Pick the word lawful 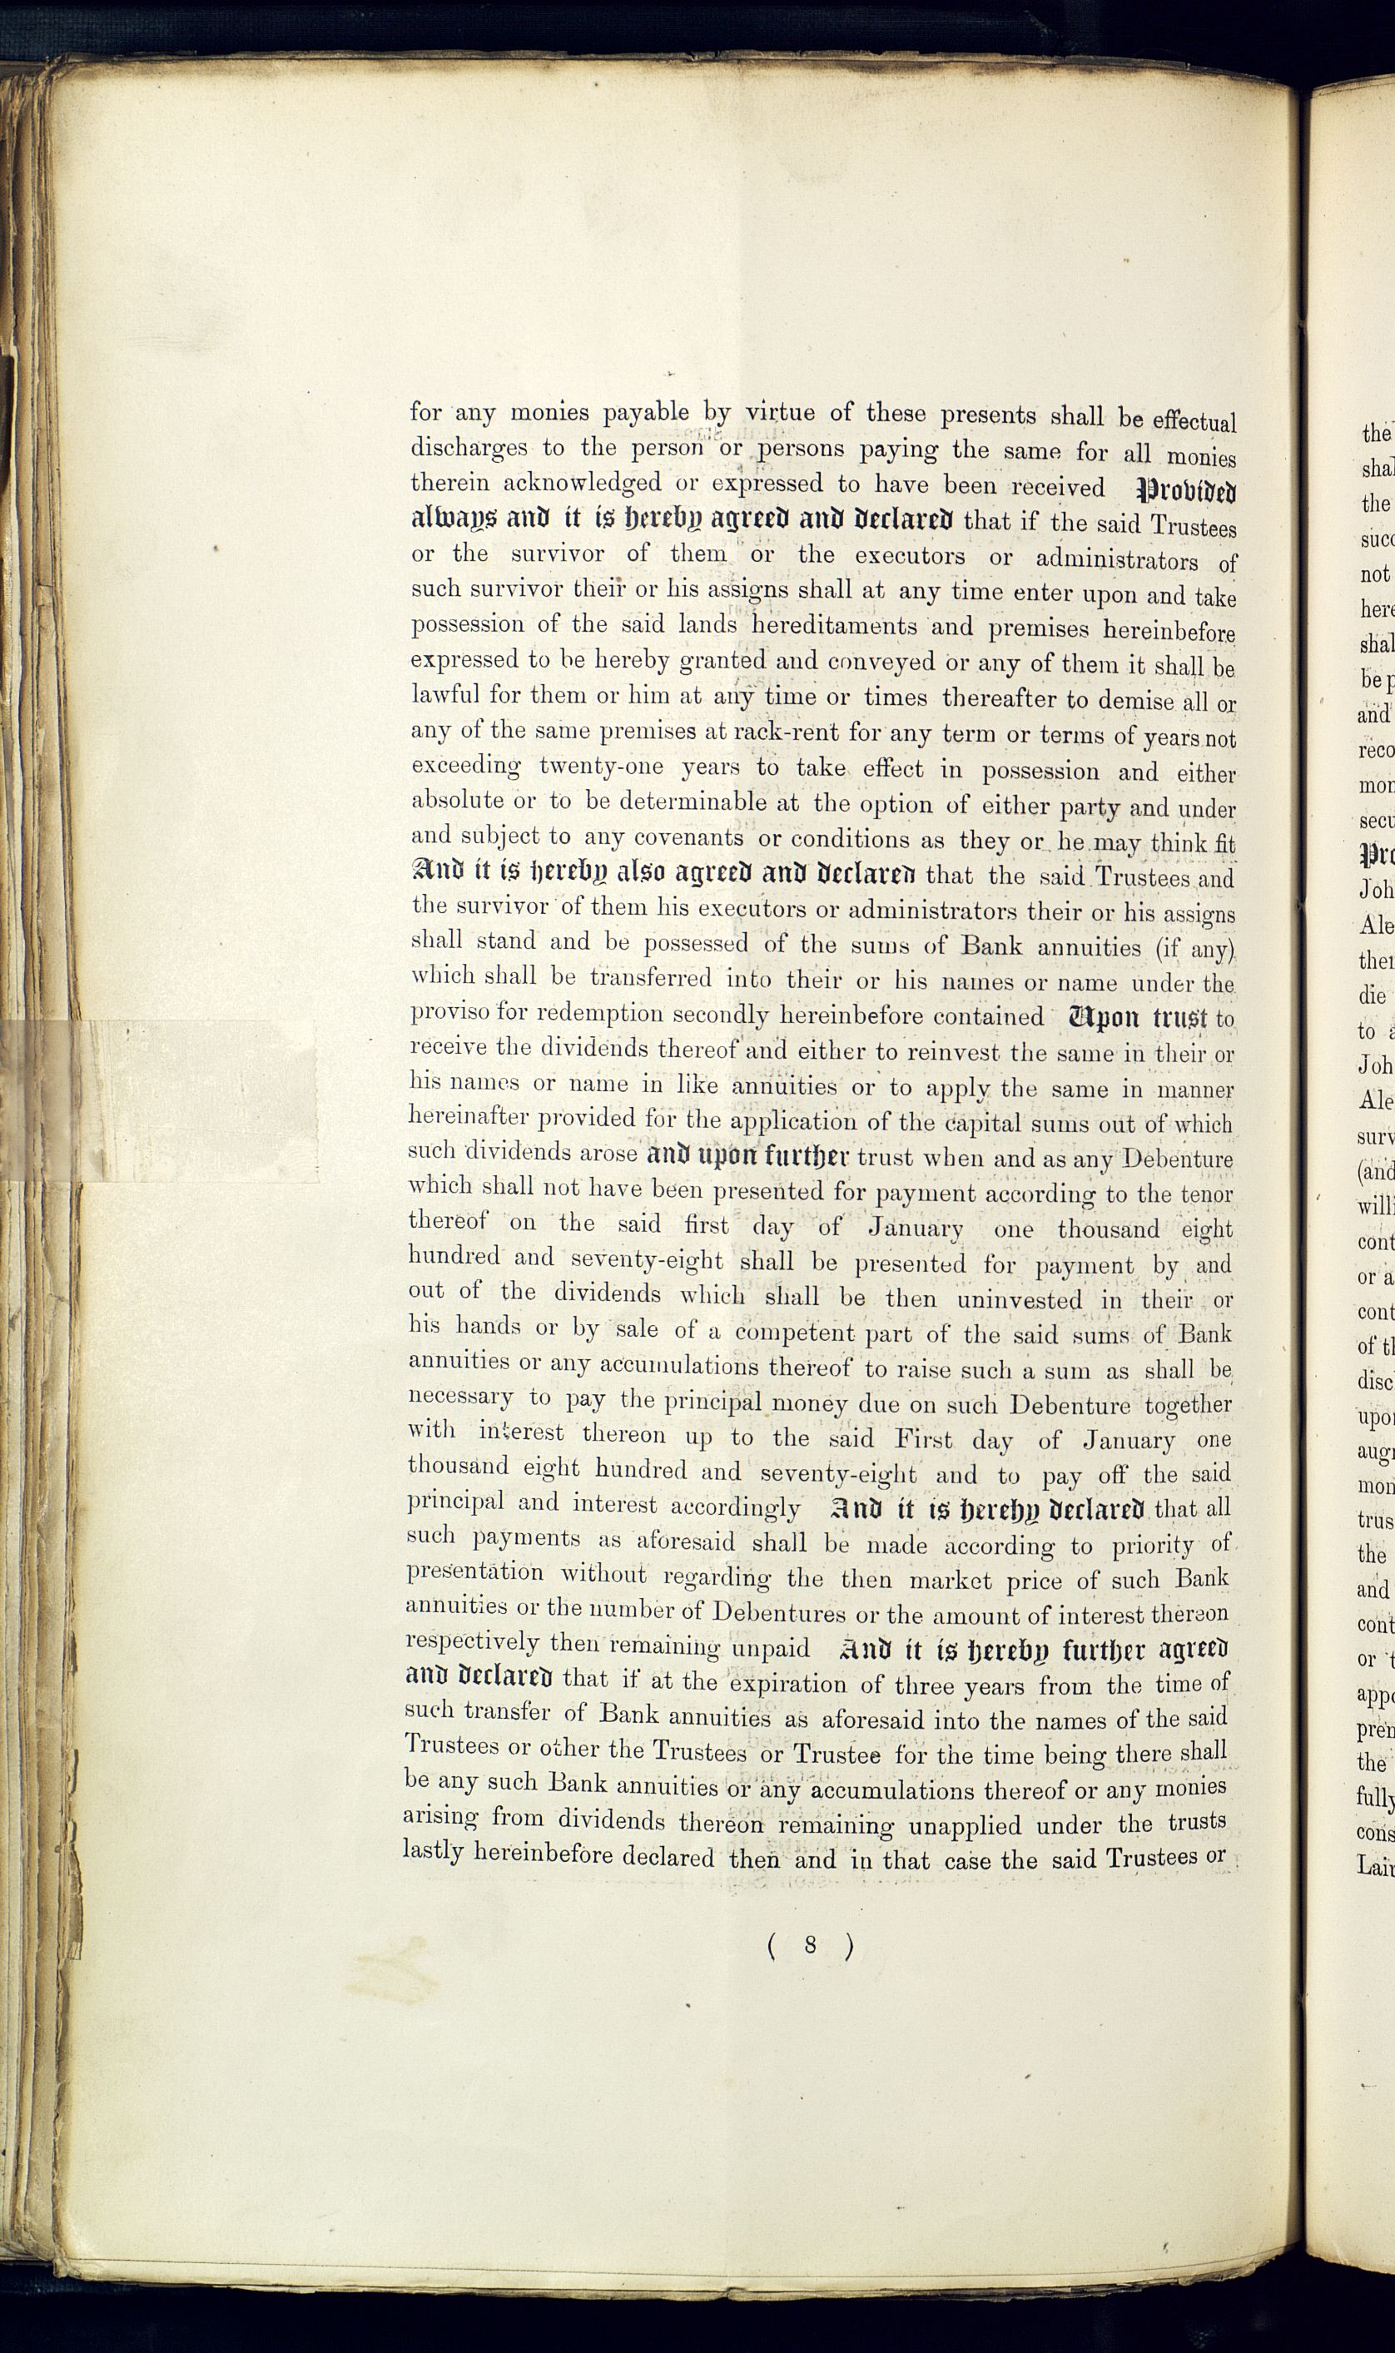[x=444, y=695]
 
